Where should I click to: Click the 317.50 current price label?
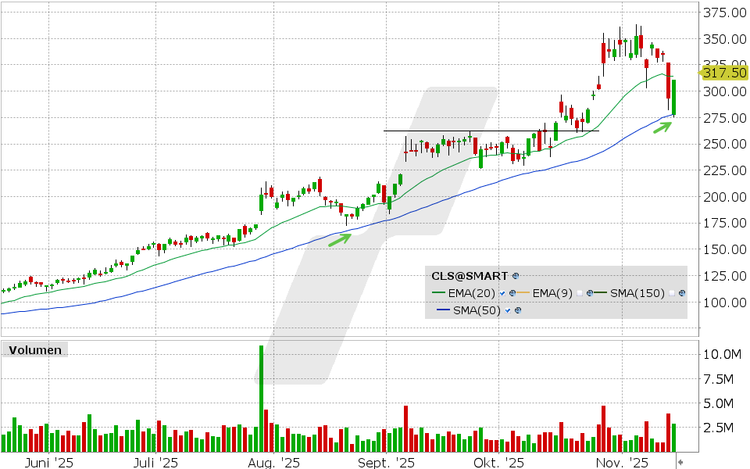(x=726, y=73)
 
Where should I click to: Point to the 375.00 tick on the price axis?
(x=723, y=13)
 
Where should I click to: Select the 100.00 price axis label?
(x=723, y=303)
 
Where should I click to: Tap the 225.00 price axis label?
(x=723, y=170)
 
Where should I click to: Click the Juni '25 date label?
(x=49, y=463)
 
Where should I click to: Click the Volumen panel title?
(x=35, y=350)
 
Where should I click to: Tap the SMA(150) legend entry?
(x=637, y=293)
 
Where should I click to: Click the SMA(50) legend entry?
(x=478, y=310)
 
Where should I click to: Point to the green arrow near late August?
(x=339, y=239)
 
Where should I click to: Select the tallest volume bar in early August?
(x=261, y=398)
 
